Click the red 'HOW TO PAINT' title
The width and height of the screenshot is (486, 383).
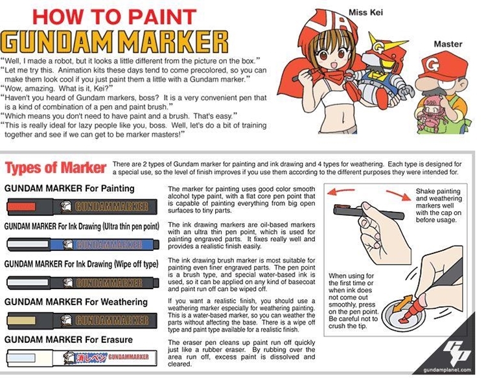114,17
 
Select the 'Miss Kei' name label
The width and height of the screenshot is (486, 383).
365,12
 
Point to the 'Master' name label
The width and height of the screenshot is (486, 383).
448,44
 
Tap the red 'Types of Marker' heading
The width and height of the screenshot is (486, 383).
56,168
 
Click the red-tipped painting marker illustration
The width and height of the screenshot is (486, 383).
82,207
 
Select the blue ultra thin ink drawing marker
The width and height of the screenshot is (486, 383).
83,244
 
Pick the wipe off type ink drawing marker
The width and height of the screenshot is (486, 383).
83,283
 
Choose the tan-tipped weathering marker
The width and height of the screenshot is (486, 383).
82,320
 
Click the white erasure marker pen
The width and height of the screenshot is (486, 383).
82,357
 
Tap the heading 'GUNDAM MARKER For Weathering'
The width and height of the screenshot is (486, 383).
76,302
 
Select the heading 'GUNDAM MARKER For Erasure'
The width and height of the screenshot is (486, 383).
69,340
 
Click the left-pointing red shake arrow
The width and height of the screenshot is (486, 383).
341,191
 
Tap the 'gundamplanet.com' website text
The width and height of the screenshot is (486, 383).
447,369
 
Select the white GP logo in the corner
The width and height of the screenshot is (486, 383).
456,353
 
